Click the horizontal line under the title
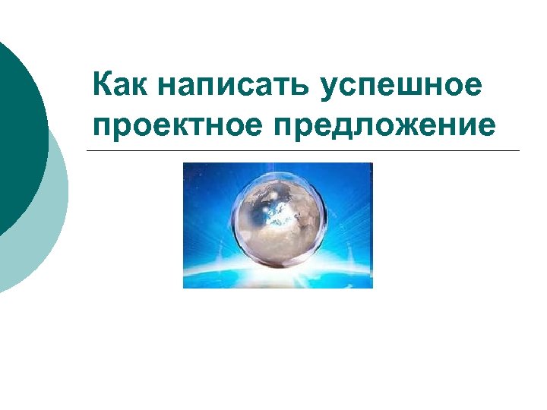pyautogui.click(x=304, y=150)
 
